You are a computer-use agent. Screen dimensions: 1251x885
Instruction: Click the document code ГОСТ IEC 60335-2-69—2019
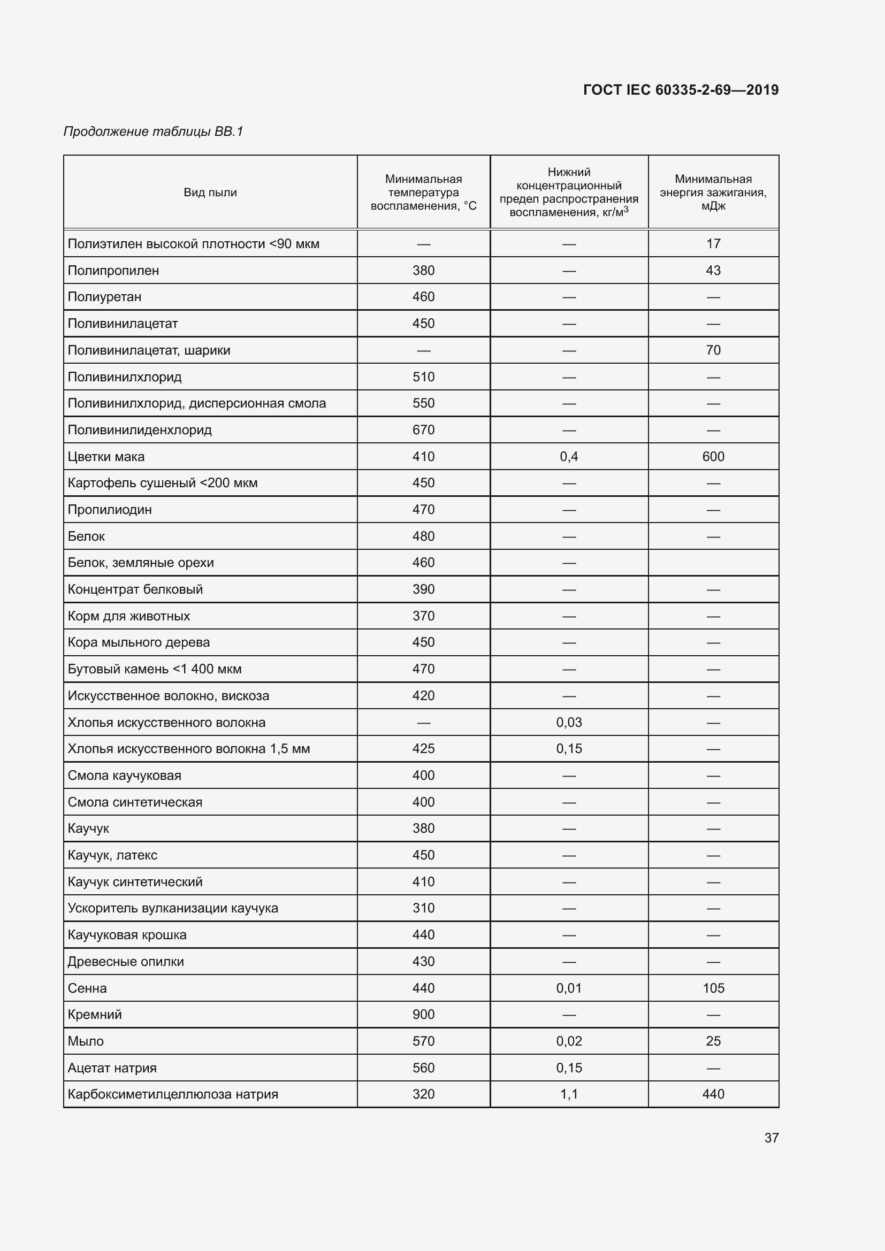tap(681, 90)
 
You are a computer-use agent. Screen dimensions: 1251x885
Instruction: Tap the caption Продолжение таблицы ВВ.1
tap(153, 132)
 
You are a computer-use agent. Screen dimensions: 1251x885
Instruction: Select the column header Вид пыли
tap(210, 193)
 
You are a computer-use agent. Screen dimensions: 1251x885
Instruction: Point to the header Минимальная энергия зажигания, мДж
tap(713, 193)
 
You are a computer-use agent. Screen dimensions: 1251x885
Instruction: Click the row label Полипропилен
tap(113, 271)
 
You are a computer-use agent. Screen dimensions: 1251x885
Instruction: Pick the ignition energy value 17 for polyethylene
tap(713, 244)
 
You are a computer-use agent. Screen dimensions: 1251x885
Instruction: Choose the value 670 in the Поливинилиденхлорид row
tap(423, 430)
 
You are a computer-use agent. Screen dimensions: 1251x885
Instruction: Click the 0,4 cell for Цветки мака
tap(569, 457)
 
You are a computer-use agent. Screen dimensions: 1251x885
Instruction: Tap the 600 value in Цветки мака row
tap(713, 457)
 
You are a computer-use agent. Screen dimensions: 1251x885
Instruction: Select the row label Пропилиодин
tap(110, 510)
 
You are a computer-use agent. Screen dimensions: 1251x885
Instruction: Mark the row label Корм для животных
tap(128, 616)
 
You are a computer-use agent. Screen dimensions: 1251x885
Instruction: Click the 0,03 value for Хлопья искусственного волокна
tap(569, 723)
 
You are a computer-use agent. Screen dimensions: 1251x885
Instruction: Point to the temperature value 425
tap(423, 749)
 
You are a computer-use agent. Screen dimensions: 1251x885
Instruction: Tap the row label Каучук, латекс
tap(112, 855)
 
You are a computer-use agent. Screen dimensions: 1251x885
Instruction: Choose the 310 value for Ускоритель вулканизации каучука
tap(423, 908)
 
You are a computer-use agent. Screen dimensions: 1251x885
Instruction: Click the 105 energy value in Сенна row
tap(713, 988)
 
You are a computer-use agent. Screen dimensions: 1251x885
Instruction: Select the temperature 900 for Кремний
tap(423, 1015)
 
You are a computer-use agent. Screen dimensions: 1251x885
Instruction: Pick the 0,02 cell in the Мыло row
tap(569, 1041)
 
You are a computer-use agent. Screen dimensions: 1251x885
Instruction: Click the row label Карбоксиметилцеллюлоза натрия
tap(173, 1094)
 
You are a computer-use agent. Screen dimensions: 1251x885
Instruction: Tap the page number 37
tap(771, 1138)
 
